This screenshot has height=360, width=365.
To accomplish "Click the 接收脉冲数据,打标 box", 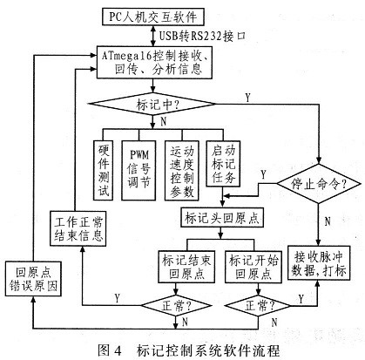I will [x=317, y=261].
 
